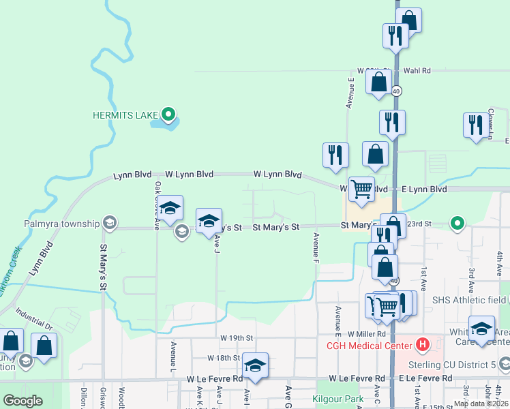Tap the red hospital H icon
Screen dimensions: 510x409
[x=422, y=345]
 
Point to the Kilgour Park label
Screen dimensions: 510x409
[x=337, y=398]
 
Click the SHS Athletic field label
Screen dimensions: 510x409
[x=470, y=300]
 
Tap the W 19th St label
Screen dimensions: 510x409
[x=237, y=338]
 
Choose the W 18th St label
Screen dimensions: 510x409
[x=224, y=358]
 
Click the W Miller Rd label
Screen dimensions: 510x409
[x=366, y=334]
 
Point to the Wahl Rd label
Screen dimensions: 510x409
[x=417, y=70]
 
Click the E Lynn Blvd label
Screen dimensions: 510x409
[x=423, y=189]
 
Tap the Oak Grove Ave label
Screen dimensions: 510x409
[x=157, y=203]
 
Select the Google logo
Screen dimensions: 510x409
[x=23, y=401]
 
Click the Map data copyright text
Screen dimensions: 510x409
[x=480, y=404]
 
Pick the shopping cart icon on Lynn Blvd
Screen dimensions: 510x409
[x=361, y=189]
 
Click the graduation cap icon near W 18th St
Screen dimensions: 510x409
[x=255, y=365]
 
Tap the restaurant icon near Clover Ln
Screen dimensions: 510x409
[x=476, y=125]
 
